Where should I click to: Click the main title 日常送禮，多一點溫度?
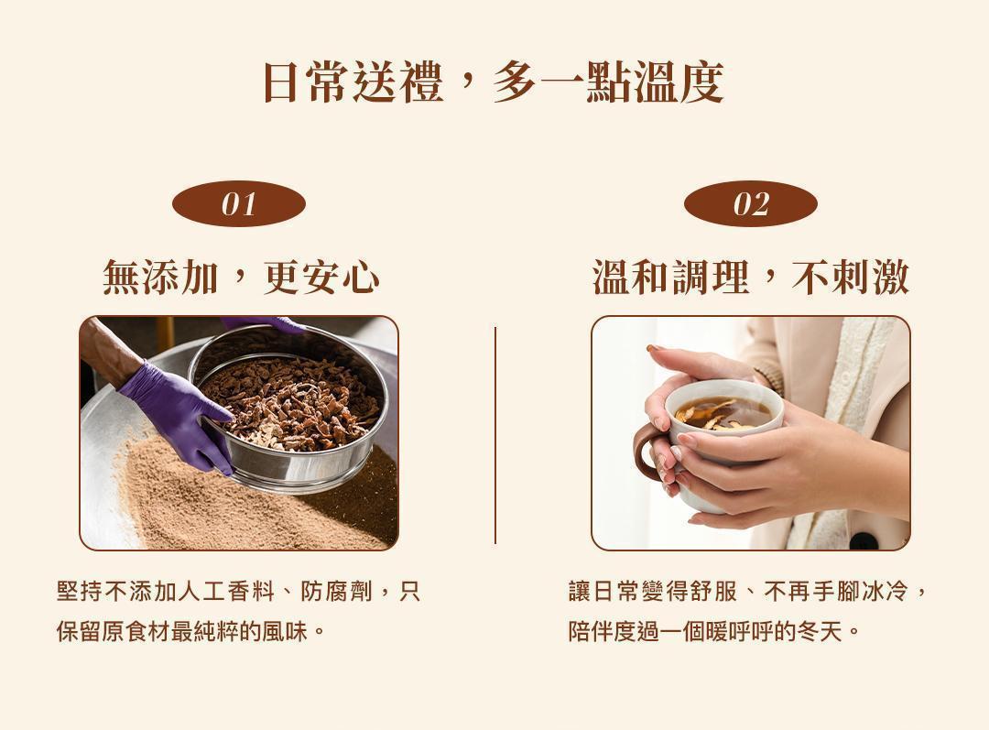tap(493, 82)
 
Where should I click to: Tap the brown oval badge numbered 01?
tap(239, 204)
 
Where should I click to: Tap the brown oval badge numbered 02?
tap(750, 204)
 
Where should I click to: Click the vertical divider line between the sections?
tap(495, 435)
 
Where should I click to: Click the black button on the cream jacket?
tap(864, 540)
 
